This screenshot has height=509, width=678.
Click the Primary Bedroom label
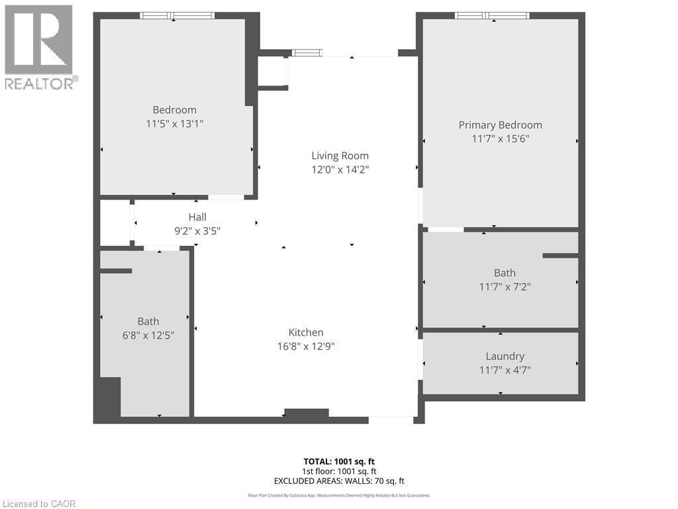tap(500, 125)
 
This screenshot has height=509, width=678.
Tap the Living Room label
tap(340, 156)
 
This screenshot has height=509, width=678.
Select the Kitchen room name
tap(305, 333)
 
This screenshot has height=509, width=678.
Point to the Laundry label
tap(505, 357)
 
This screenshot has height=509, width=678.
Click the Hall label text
tap(197, 217)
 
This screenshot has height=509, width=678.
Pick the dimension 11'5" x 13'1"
tap(174, 124)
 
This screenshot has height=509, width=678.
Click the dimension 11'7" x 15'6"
tap(500, 139)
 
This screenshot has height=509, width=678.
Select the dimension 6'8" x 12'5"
tap(148, 335)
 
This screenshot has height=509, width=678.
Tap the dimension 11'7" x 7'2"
tap(505, 287)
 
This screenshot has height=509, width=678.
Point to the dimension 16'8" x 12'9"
tap(305, 347)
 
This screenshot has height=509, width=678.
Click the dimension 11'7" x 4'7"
tap(505, 370)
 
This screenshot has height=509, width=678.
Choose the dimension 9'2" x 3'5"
tap(197, 231)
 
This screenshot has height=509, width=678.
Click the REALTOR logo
tap(40, 46)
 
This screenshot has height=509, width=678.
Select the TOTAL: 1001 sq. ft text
tap(339, 461)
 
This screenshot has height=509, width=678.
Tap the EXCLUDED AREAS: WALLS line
tap(339, 481)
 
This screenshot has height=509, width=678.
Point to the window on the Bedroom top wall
tap(177, 15)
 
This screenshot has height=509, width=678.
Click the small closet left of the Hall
tap(115, 223)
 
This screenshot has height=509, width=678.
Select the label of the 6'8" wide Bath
tap(148, 321)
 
